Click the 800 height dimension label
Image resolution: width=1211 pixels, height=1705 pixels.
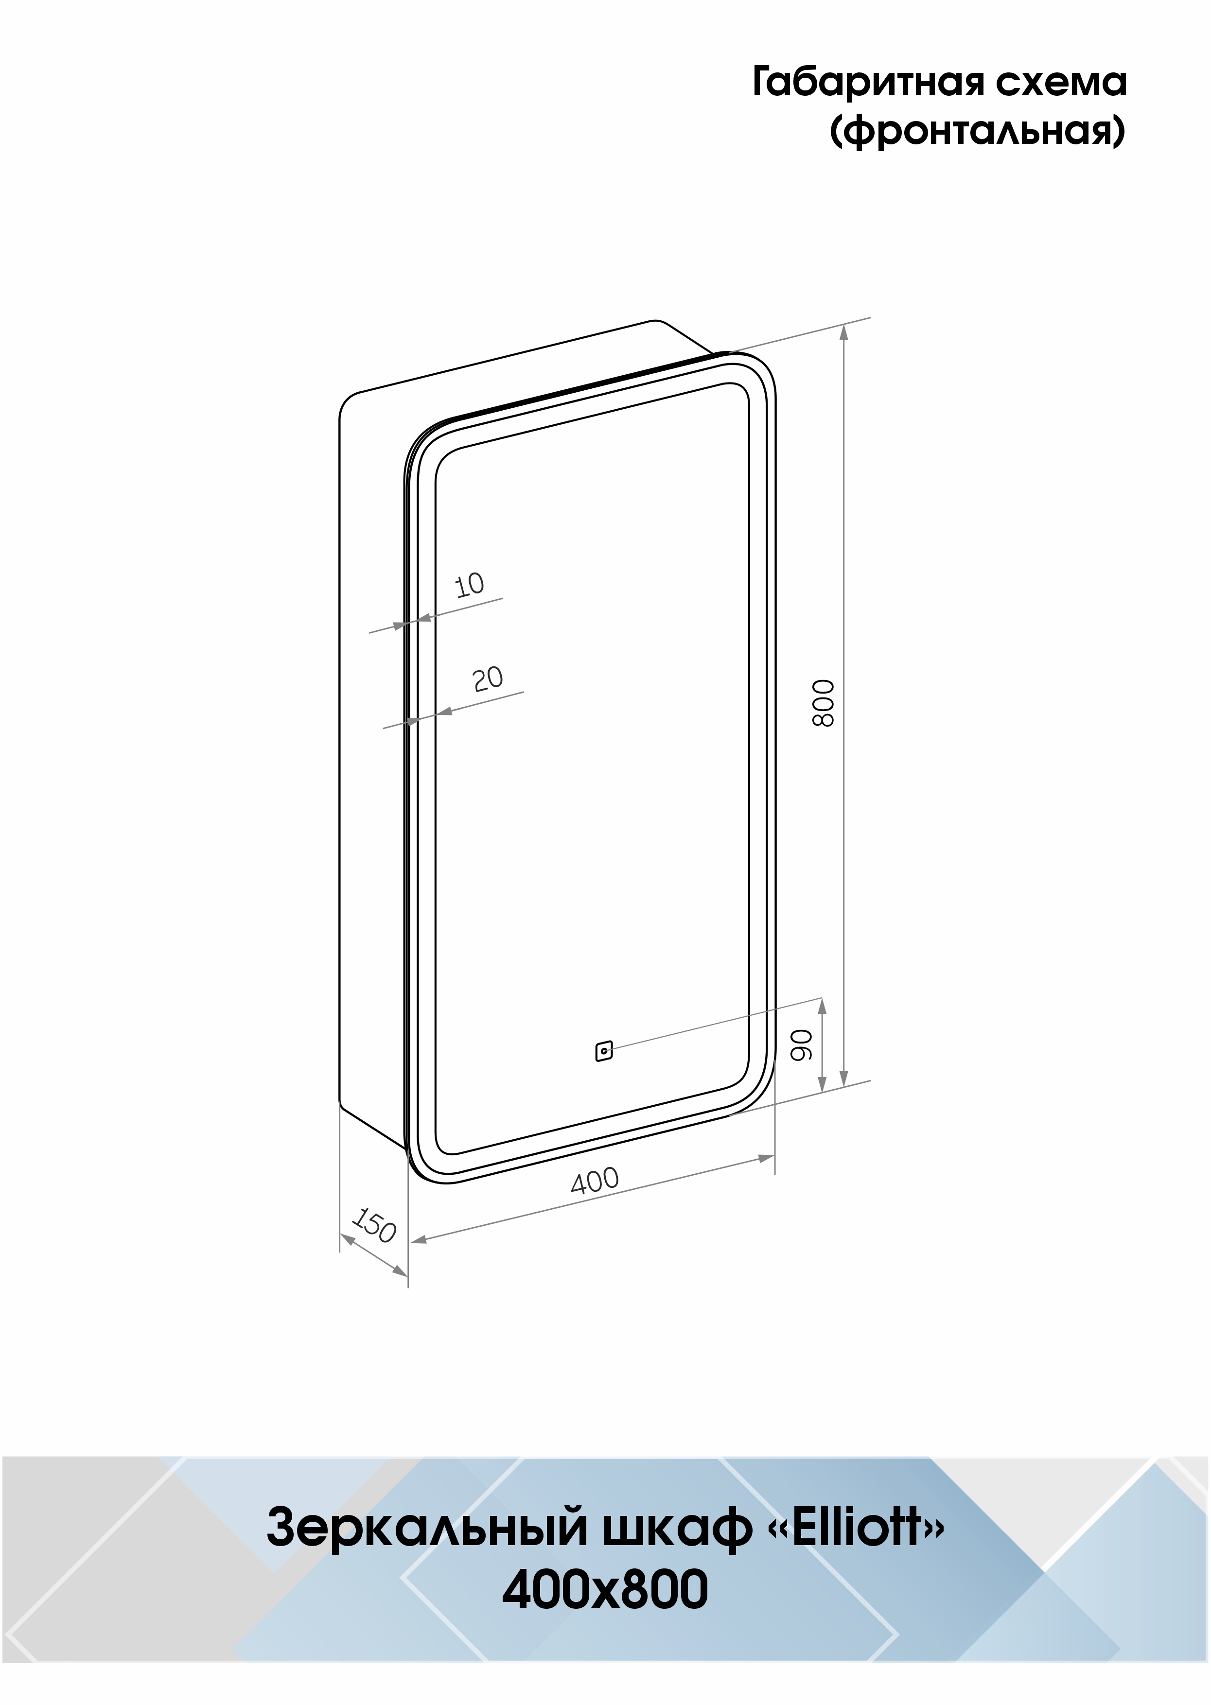tap(823, 702)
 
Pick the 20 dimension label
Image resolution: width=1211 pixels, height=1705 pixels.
tap(489, 679)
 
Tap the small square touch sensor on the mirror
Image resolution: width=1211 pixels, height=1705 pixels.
tap(604, 1051)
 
